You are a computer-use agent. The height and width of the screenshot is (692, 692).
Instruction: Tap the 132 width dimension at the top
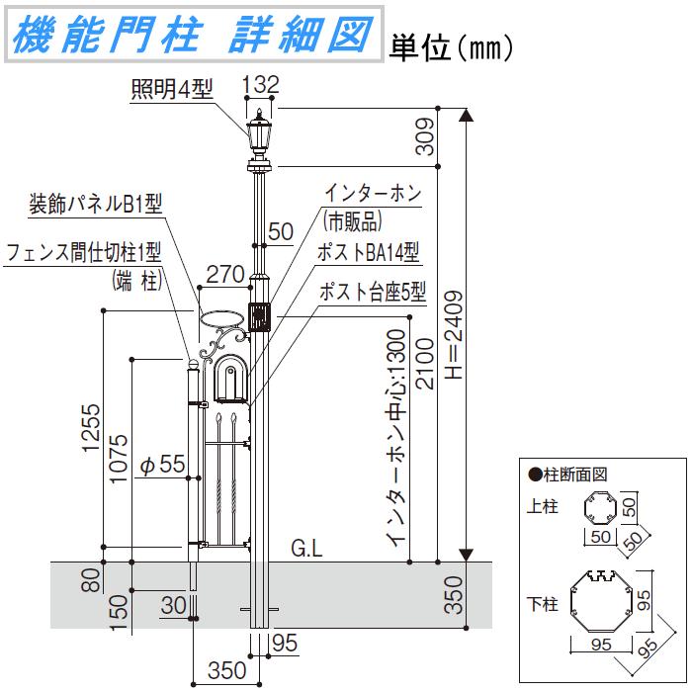point(260,84)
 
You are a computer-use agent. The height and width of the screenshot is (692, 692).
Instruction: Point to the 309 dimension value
point(425,136)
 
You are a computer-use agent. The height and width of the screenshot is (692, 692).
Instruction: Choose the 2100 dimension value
point(425,364)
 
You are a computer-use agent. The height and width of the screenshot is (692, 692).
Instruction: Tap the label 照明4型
point(172,90)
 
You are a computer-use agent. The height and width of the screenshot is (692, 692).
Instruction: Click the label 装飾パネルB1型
point(96,205)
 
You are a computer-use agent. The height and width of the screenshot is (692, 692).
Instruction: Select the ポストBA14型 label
point(368,253)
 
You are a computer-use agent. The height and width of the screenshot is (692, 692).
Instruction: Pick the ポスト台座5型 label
point(372,292)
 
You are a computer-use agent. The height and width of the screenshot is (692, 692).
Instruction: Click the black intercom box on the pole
point(260,317)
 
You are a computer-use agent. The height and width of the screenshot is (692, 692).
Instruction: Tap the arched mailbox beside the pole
point(230,378)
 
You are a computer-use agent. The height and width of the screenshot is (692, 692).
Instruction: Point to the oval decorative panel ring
point(222,318)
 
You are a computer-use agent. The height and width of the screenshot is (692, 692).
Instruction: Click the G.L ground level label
point(306,549)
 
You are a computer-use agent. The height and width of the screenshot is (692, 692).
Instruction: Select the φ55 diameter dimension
point(162,465)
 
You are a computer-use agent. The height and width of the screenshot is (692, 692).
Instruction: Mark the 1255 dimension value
point(92,427)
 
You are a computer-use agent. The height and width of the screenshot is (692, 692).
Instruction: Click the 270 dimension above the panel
point(225,274)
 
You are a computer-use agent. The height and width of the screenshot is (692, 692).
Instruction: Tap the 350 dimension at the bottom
point(226,670)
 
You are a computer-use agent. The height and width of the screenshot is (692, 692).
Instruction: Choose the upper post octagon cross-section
point(600,507)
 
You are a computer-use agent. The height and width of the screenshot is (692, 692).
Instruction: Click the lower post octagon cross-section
point(600,601)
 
